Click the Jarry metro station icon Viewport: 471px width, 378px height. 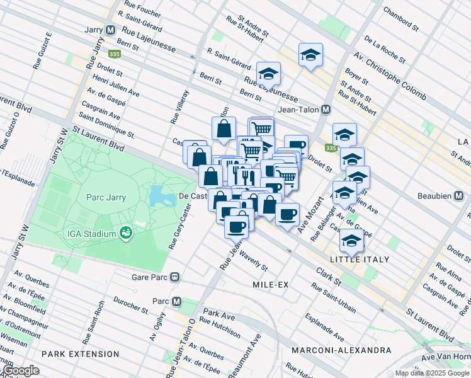pyautogui.click(x=110, y=30)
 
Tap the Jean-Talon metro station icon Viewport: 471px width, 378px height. pyautogui.click(x=326, y=110)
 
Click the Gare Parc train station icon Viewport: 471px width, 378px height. pyautogui.click(x=179, y=277)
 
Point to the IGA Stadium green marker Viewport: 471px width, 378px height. pyautogui.click(x=127, y=234)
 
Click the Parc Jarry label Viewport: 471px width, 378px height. pyautogui.click(x=106, y=197)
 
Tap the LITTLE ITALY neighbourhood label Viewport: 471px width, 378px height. pyautogui.click(x=360, y=260)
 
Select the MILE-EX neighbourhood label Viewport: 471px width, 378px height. pyautogui.click(x=270, y=285)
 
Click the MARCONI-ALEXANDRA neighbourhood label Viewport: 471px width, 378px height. pyautogui.click(x=332, y=350)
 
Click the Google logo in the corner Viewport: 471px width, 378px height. pyautogui.click(x=21, y=370)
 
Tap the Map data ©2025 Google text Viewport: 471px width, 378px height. pyautogui.click(x=432, y=373)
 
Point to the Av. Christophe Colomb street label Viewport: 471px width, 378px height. pyautogui.click(x=390, y=78)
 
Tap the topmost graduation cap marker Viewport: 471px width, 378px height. pyautogui.click(x=310, y=55)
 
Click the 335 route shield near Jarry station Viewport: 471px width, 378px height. pyautogui.click(x=114, y=54)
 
